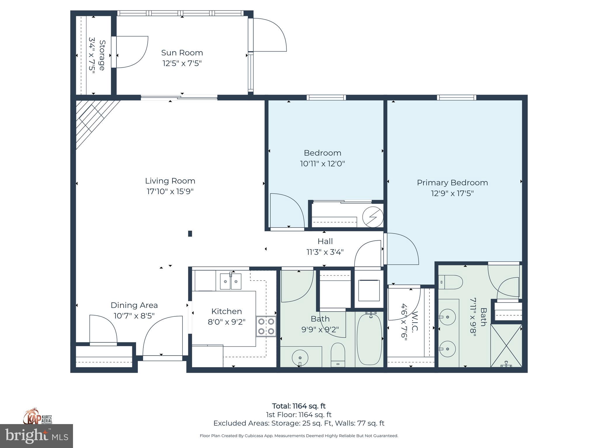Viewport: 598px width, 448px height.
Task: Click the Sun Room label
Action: (182, 53)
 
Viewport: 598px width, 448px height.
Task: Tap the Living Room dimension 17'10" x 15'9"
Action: (170, 192)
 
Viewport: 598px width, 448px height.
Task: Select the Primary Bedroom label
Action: (452, 183)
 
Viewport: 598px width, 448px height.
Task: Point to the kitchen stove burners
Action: (266, 326)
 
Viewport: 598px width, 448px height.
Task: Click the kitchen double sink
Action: (230, 281)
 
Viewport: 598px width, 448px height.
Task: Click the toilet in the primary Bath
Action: (451, 282)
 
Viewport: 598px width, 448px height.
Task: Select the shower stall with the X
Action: (506, 345)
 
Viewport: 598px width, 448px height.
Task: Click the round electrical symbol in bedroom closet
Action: (373, 217)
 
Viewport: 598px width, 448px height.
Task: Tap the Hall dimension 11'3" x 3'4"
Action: (325, 252)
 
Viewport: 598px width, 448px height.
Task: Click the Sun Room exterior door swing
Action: (270, 35)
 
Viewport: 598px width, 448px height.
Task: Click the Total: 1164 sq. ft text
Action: (299, 406)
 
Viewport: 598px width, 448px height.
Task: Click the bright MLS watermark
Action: (36, 436)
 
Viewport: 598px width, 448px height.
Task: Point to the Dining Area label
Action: (134, 305)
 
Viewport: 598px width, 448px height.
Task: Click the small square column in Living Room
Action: (190, 233)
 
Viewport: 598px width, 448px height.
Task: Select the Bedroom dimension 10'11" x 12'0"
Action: (322, 164)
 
